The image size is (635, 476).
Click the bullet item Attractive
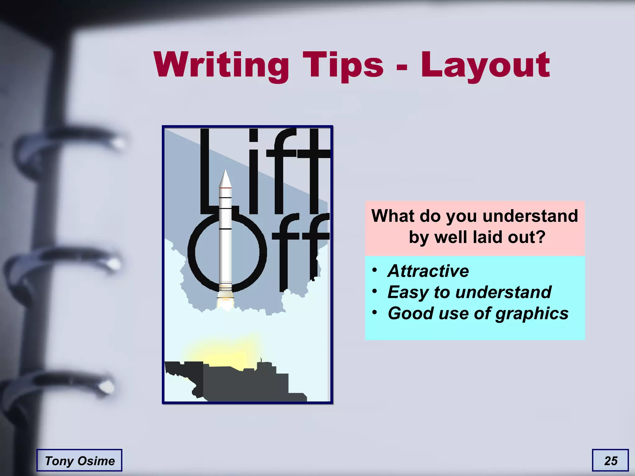[428, 271]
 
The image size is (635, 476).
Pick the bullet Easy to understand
[469, 292]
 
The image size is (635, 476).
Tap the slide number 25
[611, 461]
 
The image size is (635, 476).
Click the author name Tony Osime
[80, 461]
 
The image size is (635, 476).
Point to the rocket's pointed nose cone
[225, 178]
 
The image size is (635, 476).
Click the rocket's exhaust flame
[225, 302]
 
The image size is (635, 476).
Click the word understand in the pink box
[530, 216]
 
